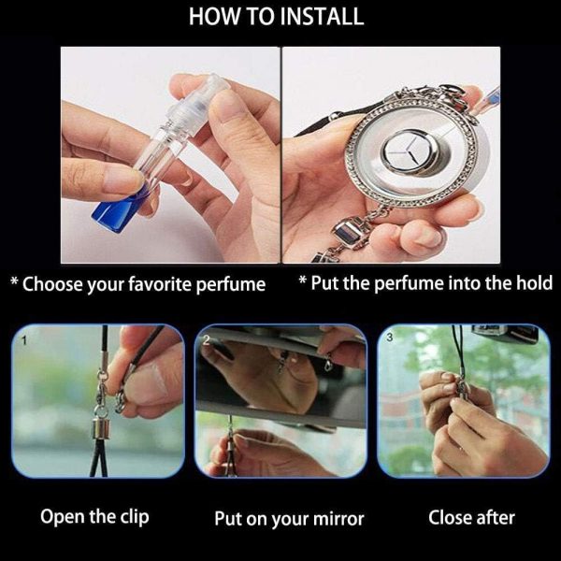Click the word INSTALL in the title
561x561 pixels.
pyautogui.click(x=321, y=16)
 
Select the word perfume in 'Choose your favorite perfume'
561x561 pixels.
pyautogui.click(x=231, y=285)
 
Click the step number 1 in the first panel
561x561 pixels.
pyautogui.click(x=24, y=340)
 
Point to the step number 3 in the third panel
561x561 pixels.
pyautogui.click(x=390, y=337)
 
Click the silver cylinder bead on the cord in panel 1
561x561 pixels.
pyautogui.click(x=101, y=429)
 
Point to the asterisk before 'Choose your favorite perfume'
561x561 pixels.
pyautogui.click(x=15, y=281)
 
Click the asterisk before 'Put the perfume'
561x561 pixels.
pyautogui.click(x=303, y=280)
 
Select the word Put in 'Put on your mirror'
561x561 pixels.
pyautogui.click(x=227, y=519)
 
